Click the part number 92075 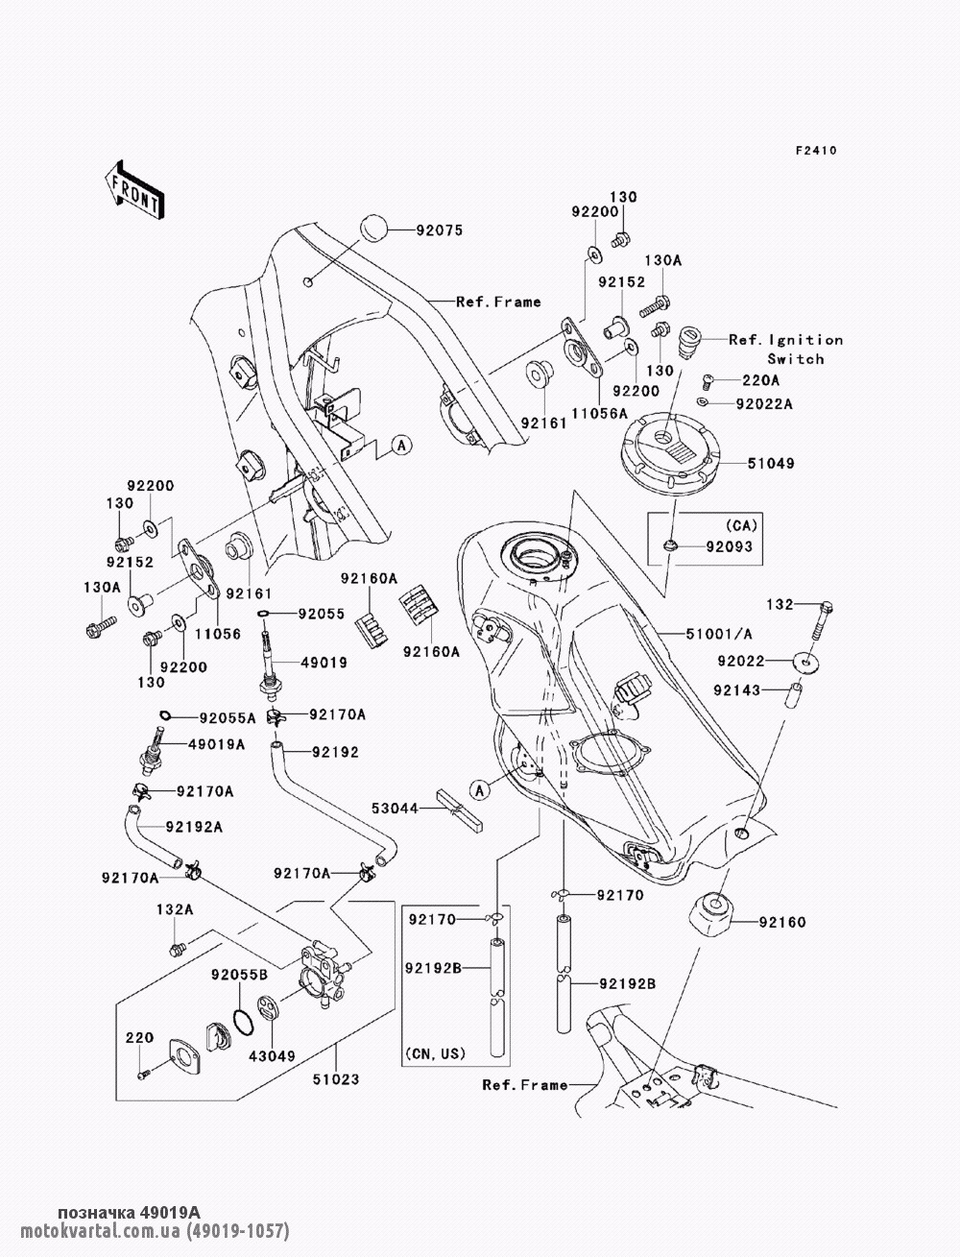click(439, 230)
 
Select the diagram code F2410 click(816, 151)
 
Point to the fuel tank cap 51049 click(669, 447)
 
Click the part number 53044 click(396, 809)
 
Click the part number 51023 click(335, 1079)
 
